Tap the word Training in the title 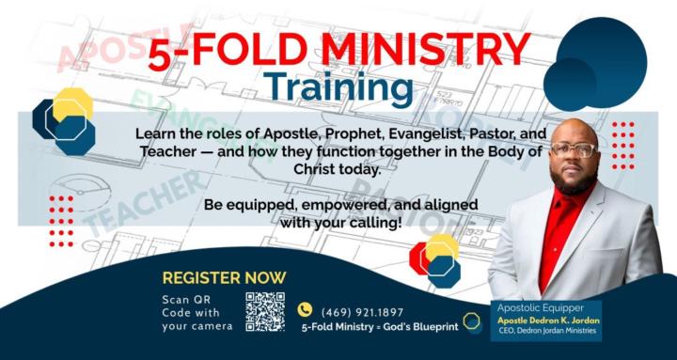coord(338,87)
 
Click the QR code coord(264,311)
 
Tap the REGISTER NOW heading coord(224,278)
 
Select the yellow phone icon coord(304,309)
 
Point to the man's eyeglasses coord(575,150)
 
